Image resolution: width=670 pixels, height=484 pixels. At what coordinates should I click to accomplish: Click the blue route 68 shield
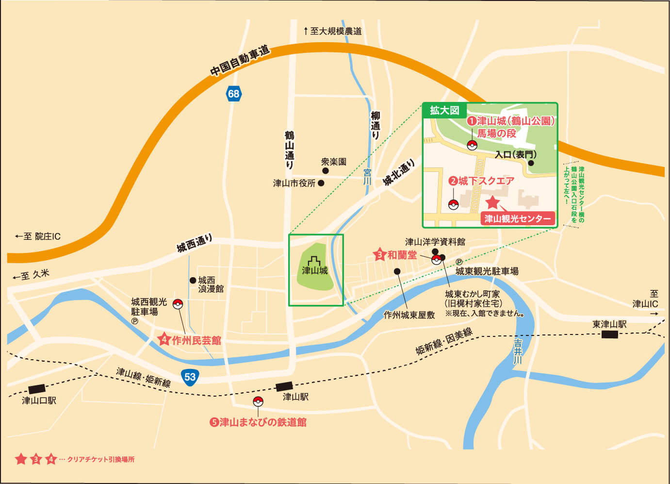[233, 93]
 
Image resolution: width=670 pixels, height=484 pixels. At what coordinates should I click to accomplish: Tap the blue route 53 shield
[190, 377]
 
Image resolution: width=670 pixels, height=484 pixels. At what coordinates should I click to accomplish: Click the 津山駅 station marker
[284, 386]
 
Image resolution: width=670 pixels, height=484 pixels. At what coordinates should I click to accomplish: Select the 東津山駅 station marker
[609, 334]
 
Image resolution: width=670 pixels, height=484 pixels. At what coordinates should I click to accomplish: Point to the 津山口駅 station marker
[37, 389]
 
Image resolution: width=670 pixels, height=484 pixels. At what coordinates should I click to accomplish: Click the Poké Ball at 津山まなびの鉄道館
[258, 401]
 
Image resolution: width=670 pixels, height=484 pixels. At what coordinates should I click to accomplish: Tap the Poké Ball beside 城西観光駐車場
[178, 304]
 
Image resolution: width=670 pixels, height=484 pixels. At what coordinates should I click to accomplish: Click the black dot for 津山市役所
[321, 183]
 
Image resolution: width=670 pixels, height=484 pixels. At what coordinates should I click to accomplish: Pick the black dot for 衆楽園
[325, 170]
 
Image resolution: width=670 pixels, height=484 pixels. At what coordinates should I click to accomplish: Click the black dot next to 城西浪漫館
[193, 280]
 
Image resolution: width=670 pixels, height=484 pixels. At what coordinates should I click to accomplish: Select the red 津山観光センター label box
[517, 218]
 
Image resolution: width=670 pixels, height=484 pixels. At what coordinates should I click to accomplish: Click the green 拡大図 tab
[444, 110]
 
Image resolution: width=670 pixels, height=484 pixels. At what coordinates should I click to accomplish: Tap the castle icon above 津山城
[314, 261]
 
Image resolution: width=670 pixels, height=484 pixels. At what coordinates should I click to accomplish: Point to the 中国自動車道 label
[240, 61]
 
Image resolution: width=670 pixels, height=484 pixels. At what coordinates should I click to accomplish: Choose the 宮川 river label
[367, 176]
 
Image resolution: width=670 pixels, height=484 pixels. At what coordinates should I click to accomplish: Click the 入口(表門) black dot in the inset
[531, 163]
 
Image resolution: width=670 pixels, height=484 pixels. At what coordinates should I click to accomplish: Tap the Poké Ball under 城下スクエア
[453, 204]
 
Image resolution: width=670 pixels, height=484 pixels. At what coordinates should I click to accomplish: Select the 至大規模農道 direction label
[333, 31]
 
